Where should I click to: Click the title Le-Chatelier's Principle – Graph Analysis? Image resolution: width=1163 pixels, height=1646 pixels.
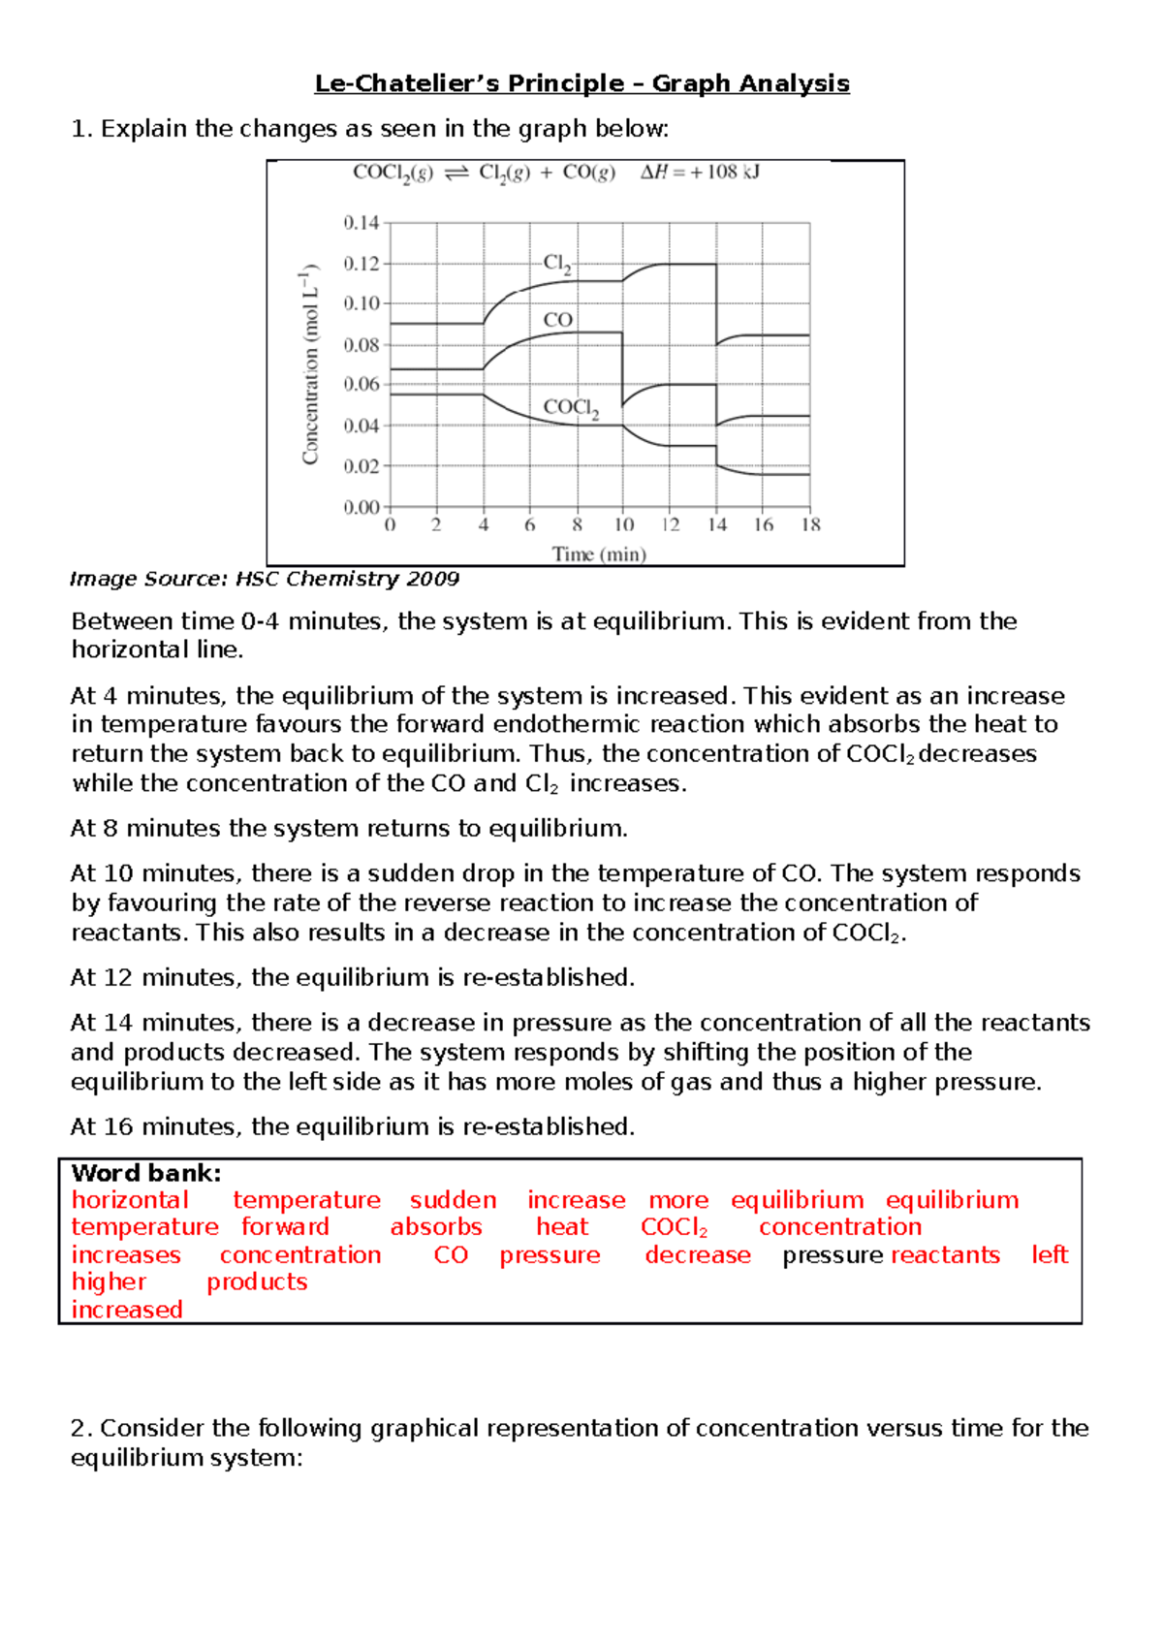point(581,83)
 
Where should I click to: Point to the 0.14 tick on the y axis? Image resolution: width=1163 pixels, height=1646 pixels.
point(361,223)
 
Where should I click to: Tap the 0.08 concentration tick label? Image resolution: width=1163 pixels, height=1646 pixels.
point(361,344)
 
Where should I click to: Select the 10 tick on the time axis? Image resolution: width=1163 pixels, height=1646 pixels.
point(624,525)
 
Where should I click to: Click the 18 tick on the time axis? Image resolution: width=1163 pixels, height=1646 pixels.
point(811,525)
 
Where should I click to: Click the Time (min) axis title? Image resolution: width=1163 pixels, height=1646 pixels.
point(599,554)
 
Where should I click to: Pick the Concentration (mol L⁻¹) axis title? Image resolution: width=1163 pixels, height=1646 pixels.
point(310,364)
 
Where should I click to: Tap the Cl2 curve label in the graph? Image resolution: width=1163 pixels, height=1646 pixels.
point(556,264)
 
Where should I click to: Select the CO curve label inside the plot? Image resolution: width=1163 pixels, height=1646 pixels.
point(558,320)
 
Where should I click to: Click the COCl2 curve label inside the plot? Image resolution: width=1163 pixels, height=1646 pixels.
point(571,408)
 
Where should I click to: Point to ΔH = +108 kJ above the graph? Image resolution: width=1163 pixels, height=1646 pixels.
point(700,173)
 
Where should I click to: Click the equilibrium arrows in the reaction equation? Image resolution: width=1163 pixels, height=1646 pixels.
point(456,174)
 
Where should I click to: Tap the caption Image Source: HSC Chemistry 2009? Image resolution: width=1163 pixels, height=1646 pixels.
point(265,580)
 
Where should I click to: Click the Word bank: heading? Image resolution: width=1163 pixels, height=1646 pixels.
point(146,1173)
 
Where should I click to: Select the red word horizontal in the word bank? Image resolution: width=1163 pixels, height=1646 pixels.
point(130,1200)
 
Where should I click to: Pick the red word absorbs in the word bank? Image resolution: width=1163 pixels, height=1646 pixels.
point(436,1227)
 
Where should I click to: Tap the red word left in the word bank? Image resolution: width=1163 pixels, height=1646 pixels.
point(1049,1255)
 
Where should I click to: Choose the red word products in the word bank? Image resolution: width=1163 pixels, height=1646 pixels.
point(257,1282)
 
